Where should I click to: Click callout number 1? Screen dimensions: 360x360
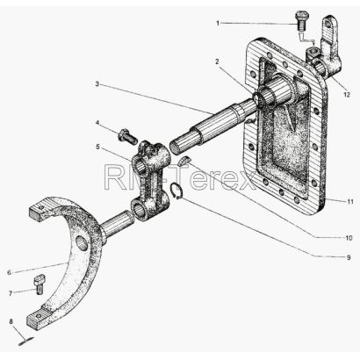point(218,23)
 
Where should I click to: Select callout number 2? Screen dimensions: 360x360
point(217,61)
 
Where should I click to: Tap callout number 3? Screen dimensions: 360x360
point(97,84)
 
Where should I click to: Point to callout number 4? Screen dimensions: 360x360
point(97,122)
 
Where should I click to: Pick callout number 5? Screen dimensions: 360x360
point(97,147)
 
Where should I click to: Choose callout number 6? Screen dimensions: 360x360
point(9,273)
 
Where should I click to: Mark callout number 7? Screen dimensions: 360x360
point(11,293)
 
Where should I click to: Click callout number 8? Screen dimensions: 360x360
point(11,321)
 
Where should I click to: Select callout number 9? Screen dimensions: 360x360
point(349,257)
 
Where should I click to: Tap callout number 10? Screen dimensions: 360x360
point(349,238)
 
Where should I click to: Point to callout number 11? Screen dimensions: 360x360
point(350,202)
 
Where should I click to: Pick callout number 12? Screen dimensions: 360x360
point(347,95)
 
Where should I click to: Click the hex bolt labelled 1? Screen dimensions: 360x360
point(300,20)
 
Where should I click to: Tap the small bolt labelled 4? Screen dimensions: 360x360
point(128,136)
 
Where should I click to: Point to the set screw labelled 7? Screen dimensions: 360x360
point(40,284)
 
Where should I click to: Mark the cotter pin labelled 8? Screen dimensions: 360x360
point(25,342)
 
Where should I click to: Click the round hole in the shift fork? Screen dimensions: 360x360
point(82,243)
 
